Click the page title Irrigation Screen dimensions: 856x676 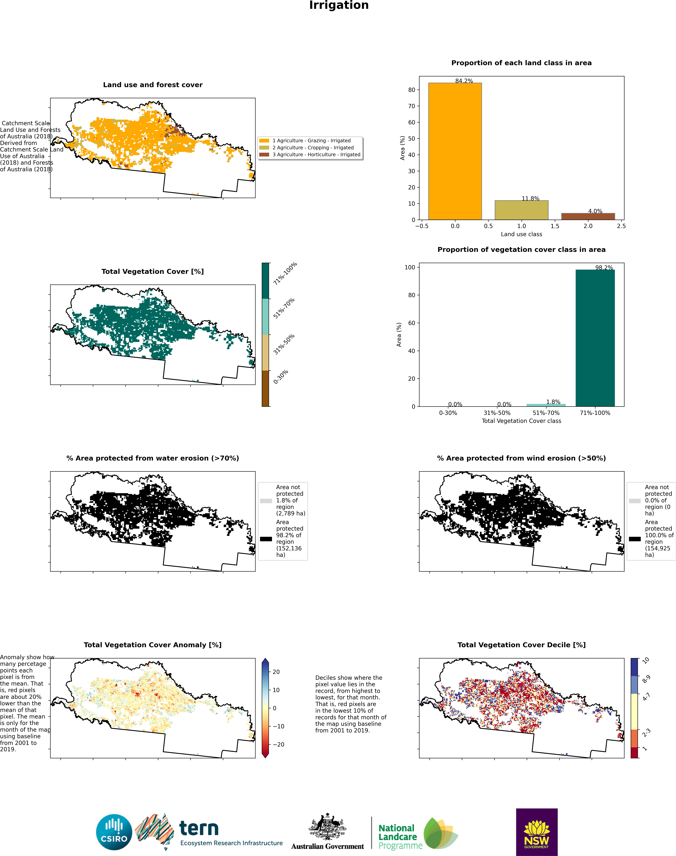[x=339, y=6]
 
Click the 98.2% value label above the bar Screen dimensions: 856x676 [x=604, y=268]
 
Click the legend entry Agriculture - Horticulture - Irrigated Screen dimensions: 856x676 [x=316, y=155]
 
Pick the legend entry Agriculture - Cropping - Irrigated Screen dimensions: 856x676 [x=313, y=148]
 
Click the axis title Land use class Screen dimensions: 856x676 [x=521, y=234]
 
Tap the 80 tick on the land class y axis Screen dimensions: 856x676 [x=412, y=90]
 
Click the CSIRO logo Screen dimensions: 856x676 [x=114, y=832]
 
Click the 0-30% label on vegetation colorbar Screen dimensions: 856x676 [x=281, y=377]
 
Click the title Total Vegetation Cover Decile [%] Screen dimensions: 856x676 [x=521, y=645]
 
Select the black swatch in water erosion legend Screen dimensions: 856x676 [x=266, y=539]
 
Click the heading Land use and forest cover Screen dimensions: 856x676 [x=153, y=85]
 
